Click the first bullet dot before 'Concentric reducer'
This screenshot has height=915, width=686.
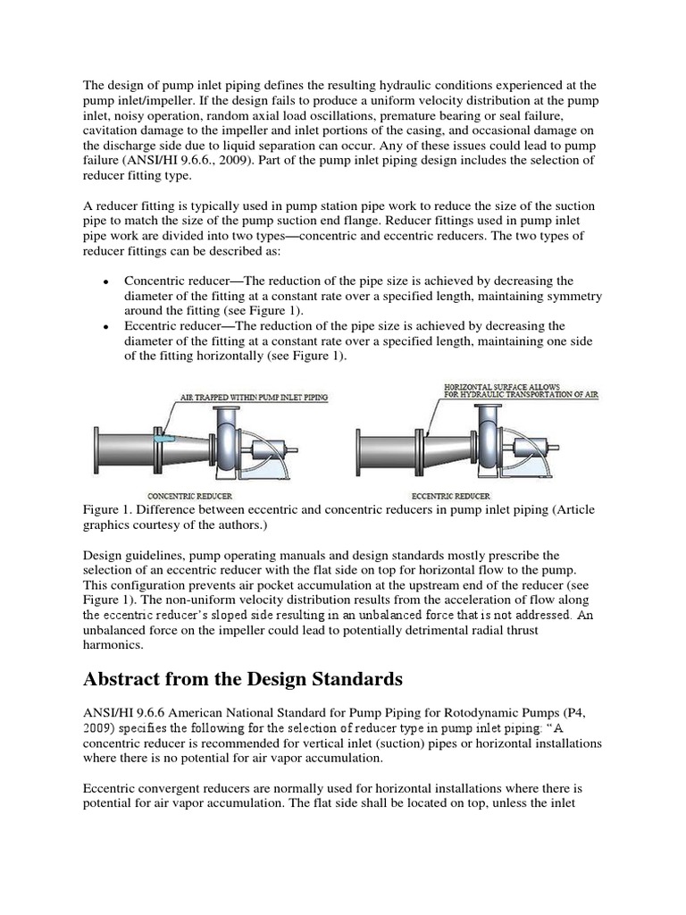106,281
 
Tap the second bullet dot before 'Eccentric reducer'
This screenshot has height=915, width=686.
106,327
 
